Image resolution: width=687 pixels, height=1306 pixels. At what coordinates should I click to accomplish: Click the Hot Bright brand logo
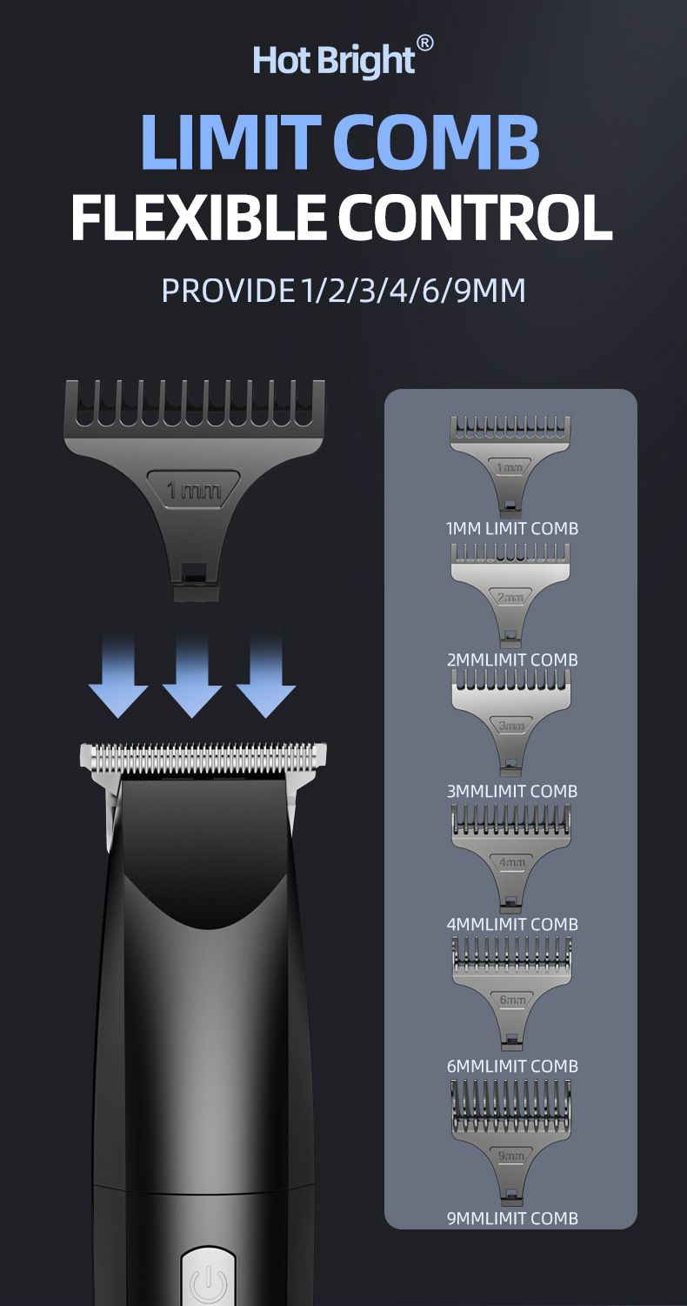(343, 57)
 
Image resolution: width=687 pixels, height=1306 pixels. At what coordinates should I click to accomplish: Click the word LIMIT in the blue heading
(230, 142)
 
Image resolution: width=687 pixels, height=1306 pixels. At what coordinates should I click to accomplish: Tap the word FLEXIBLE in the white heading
(198, 218)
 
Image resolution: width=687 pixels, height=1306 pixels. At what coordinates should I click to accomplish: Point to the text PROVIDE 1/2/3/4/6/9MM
(343, 291)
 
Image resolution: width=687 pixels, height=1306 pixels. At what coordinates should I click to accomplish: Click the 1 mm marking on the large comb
(194, 490)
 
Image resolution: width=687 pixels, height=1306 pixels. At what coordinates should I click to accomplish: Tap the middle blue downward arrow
(191, 676)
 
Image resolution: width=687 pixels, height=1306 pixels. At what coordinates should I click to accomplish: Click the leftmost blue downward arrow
(118, 676)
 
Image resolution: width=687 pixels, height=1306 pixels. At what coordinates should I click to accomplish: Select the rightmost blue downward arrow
(266, 676)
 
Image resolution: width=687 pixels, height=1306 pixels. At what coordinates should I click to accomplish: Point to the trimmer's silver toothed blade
(203, 755)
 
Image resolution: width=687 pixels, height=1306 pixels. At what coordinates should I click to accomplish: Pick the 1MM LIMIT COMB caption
(511, 529)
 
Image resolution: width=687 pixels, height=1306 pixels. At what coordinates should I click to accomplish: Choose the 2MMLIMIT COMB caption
(512, 660)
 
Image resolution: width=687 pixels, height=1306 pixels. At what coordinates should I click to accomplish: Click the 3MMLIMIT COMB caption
(512, 791)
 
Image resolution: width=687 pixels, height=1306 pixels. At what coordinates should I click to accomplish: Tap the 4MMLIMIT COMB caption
(512, 924)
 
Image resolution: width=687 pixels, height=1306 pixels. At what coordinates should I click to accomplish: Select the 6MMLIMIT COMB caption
(512, 1066)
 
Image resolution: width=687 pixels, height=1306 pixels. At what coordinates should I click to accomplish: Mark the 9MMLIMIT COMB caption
(512, 1218)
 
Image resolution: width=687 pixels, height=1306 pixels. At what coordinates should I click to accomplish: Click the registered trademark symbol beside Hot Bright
(425, 44)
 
